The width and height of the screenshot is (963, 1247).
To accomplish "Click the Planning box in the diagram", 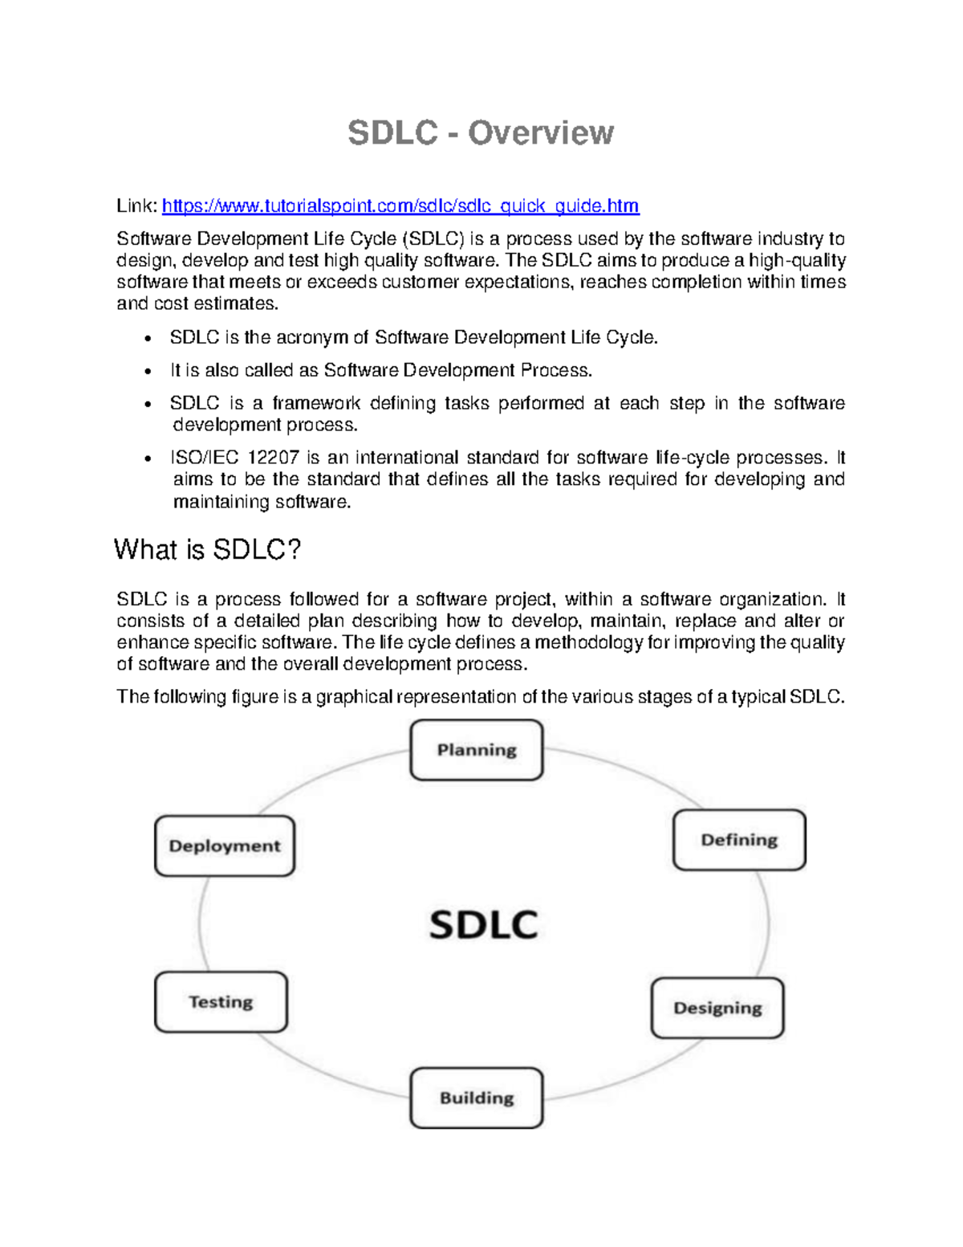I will tap(477, 750).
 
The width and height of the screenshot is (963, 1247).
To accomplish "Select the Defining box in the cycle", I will tap(739, 840).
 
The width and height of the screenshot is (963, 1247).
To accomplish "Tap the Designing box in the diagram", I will tap(717, 1009).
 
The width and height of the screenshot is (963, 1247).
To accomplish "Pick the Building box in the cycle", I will tap(477, 1098).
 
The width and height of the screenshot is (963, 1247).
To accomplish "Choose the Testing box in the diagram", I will tap(221, 1002).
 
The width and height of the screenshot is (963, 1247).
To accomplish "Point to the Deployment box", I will tap(225, 846).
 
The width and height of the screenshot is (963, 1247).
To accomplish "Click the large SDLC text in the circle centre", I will tap(483, 924).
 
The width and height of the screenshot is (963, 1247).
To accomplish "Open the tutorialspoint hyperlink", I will tap(400, 206).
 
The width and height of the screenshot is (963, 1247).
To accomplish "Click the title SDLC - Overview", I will tap(481, 133).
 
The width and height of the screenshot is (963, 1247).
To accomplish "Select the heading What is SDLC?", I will tap(207, 550).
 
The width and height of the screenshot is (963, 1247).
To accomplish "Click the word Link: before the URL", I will tap(136, 206).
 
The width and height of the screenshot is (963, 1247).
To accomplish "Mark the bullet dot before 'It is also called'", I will tap(148, 372).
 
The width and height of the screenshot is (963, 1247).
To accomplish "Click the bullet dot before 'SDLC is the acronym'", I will tap(148, 339).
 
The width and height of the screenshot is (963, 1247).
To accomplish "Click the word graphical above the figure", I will tap(354, 697).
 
